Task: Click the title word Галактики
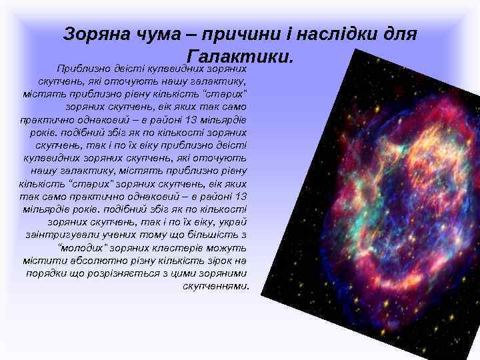click(x=240, y=57)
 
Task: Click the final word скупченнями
click(x=216, y=286)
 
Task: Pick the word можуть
click(x=227, y=247)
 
